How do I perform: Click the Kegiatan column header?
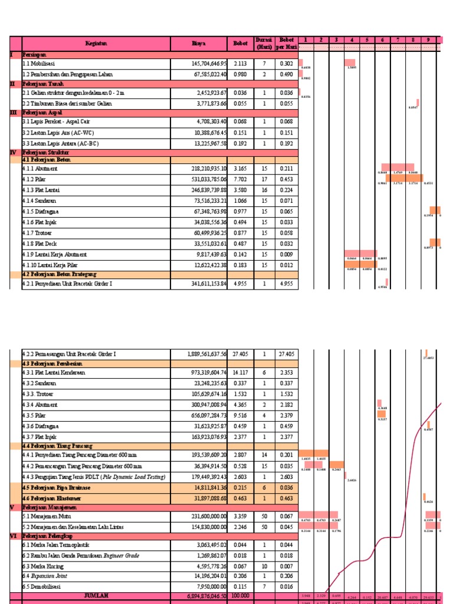pos(96,43)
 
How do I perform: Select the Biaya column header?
pos(199,43)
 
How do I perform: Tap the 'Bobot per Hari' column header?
pos(286,43)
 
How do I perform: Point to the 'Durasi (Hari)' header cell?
pos(264,43)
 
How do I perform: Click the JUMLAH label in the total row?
pos(96,596)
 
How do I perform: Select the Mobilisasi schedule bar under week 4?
pos(350,63)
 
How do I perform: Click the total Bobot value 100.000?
pos(239,596)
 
